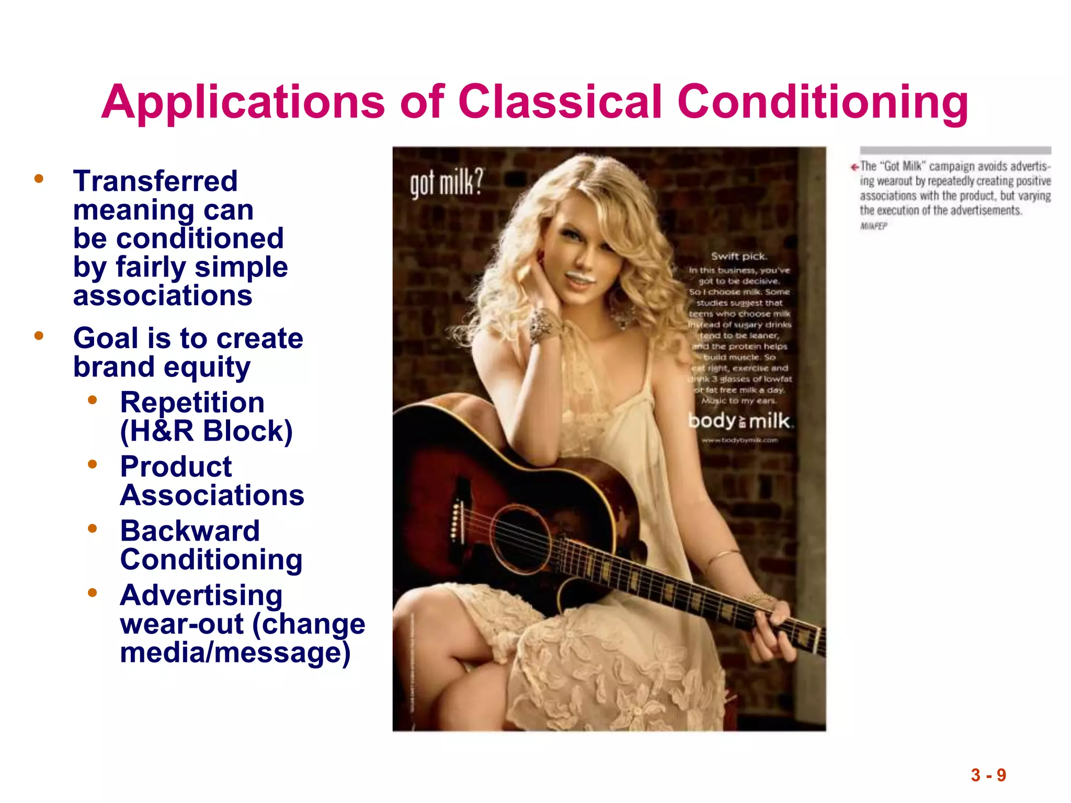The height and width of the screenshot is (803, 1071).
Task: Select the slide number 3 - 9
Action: click(x=988, y=775)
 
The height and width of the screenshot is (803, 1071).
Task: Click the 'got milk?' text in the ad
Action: click(x=446, y=183)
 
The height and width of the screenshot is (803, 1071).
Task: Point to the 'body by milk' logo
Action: click(x=739, y=421)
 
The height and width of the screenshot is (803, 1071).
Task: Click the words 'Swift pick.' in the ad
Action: click(x=738, y=256)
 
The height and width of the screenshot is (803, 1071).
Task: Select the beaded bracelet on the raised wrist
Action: click(x=544, y=324)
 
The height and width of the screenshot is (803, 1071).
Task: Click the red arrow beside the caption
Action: click(x=854, y=167)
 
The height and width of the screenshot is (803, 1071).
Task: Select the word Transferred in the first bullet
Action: click(x=155, y=181)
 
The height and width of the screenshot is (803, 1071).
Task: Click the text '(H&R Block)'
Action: click(x=206, y=431)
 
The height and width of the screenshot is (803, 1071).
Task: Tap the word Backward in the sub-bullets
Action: click(x=190, y=531)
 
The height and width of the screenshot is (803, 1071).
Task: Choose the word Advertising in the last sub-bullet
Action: click(x=201, y=595)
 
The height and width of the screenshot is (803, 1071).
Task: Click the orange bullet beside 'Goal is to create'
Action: click(x=39, y=336)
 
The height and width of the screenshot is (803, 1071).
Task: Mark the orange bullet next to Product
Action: click(x=93, y=464)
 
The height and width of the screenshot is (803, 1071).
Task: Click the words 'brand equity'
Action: click(x=162, y=367)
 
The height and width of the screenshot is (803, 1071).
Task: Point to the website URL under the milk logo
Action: click(x=739, y=440)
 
